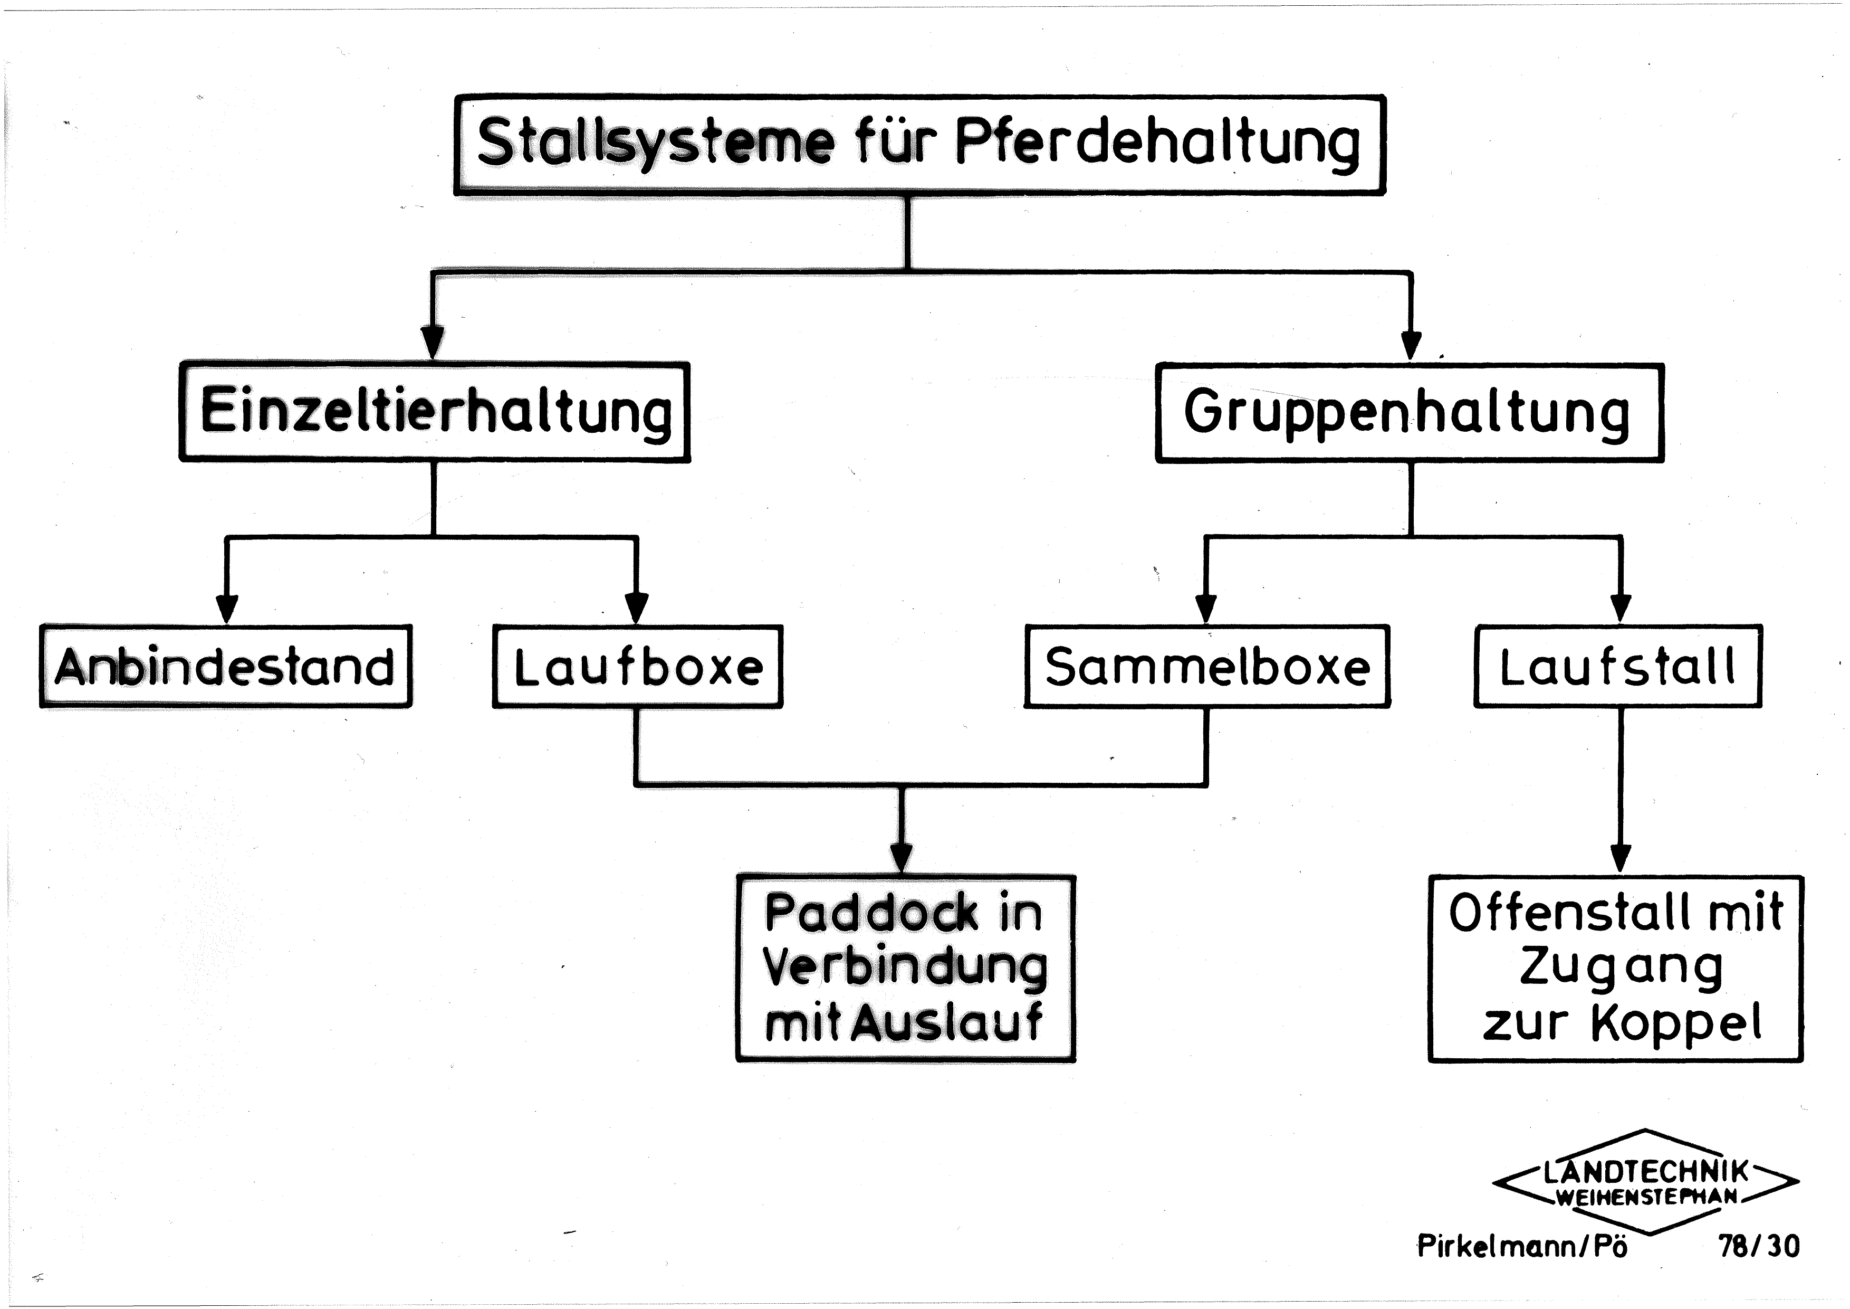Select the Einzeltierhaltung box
point(434,412)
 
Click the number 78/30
point(1759,1246)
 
